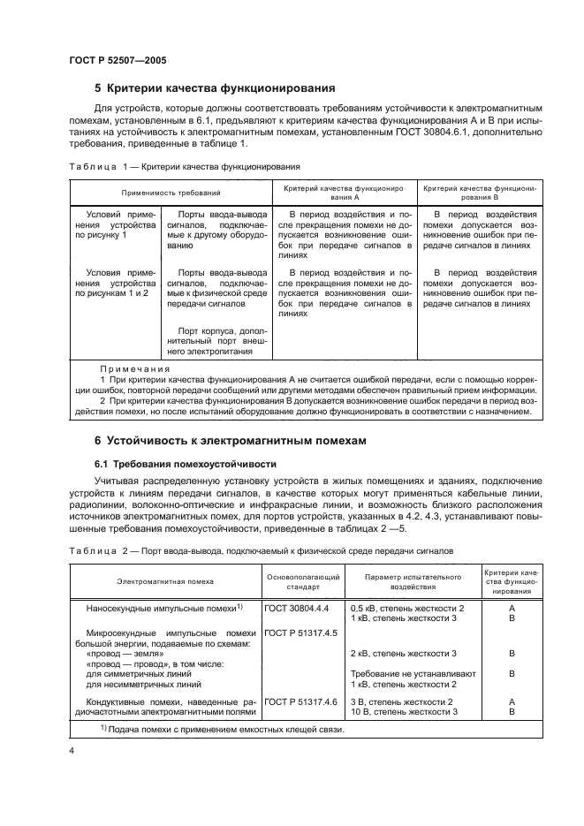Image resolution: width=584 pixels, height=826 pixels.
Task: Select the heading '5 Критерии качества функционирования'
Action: [x=214, y=88]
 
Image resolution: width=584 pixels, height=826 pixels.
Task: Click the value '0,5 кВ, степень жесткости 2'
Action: [x=406, y=609]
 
